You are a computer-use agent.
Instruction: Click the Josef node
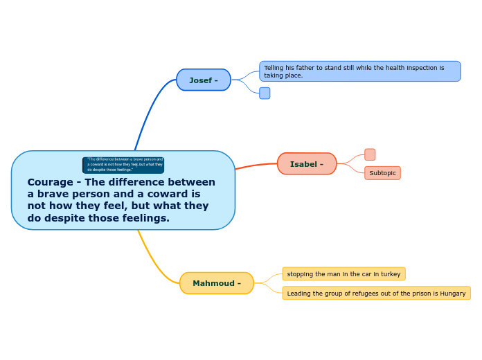(x=204, y=80)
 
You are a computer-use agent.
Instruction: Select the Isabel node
(x=307, y=164)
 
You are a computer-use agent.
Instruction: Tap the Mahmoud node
(x=217, y=283)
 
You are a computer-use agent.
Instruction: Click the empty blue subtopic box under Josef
(x=265, y=93)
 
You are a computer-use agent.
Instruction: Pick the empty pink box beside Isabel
(x=370, y=154)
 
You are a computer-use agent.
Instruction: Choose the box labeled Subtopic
(x=382, y=173)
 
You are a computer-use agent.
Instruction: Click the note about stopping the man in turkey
(x=343, y=274)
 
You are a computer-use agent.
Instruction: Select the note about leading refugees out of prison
(x=376, y=294)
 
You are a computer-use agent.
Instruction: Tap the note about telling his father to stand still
(x=359, y=71)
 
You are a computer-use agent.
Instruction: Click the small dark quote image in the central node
(x=123, y=165)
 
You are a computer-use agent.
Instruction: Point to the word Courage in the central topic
(x=50, y=182)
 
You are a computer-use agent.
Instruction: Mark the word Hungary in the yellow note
(x=453, y=294)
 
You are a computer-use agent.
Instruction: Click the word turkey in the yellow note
(x=389, y=274)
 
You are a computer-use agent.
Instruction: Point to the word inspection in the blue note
(x=420, y=68)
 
